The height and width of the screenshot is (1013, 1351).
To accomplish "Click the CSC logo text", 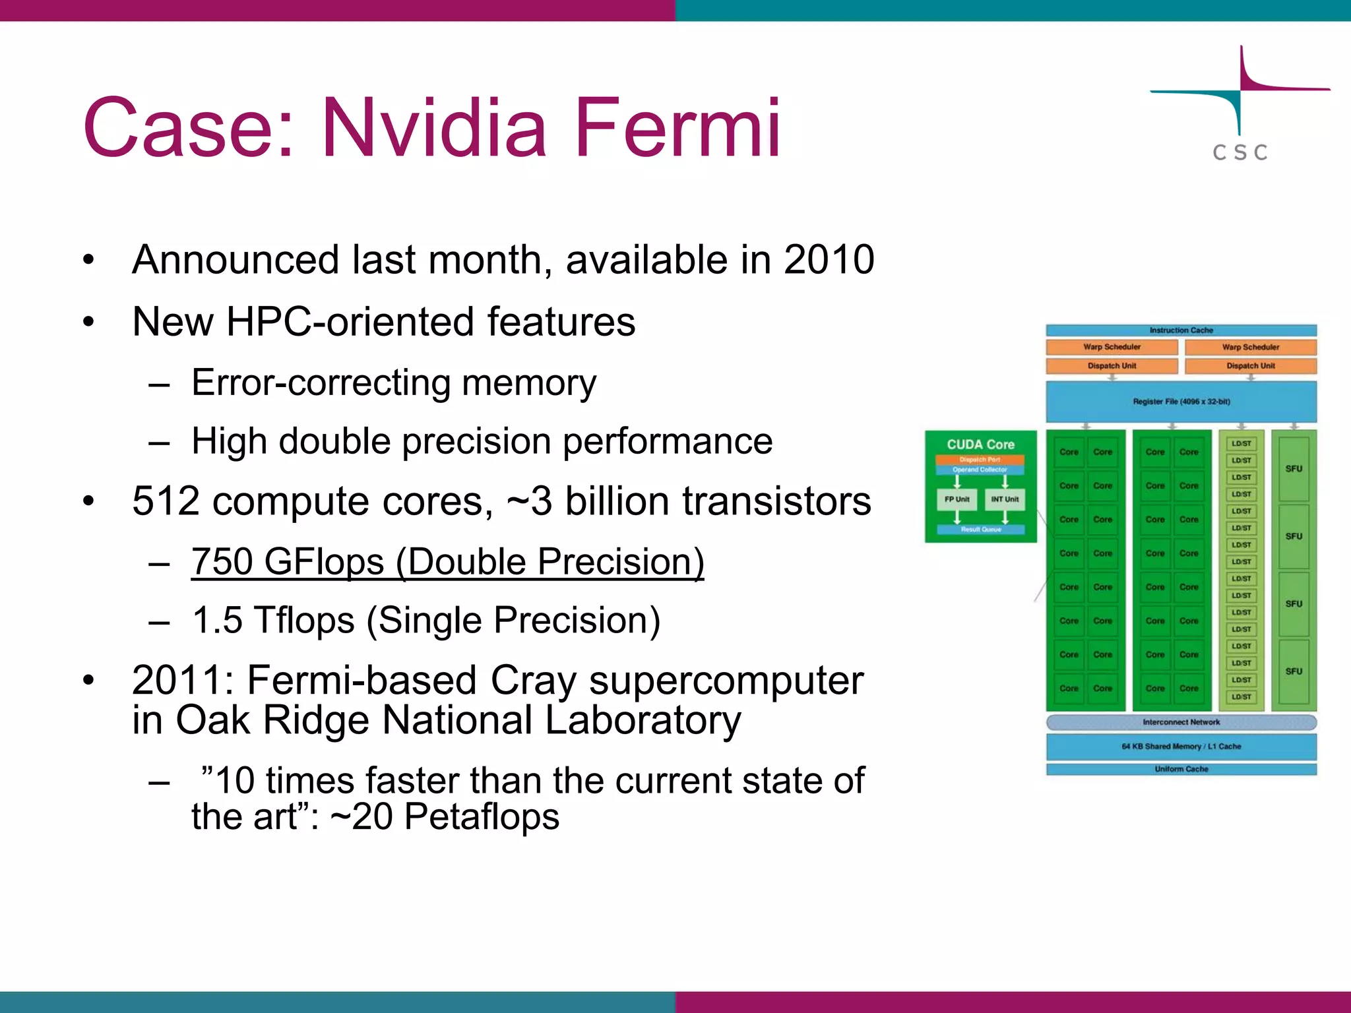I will coord(1240,152).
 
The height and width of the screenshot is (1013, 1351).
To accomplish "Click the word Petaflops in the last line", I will coord(482,816).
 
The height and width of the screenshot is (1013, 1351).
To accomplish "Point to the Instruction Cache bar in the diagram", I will coord(1181,330).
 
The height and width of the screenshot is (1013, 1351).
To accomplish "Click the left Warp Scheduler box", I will coord(1112,347).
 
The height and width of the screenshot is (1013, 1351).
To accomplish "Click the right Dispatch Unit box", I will coord(1251,366).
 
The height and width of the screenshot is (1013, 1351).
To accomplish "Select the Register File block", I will coord(1181,402).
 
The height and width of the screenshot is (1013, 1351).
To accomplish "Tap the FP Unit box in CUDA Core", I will coord(957,499).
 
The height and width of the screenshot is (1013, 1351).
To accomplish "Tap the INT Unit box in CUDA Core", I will coord(1005,499).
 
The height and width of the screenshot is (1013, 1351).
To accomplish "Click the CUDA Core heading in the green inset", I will coord(980,445).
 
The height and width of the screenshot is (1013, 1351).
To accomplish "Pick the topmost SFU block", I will coord(1294,468).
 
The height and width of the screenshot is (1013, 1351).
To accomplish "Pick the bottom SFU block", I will coord(1294,671).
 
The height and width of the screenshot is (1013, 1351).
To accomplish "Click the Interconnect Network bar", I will coord(1181,722).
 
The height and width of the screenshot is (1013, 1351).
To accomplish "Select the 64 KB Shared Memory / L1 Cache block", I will coord(1181,747).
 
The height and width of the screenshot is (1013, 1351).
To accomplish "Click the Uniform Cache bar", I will coord(1181,769).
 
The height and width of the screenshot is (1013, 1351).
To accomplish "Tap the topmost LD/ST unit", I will coord(1241,444).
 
